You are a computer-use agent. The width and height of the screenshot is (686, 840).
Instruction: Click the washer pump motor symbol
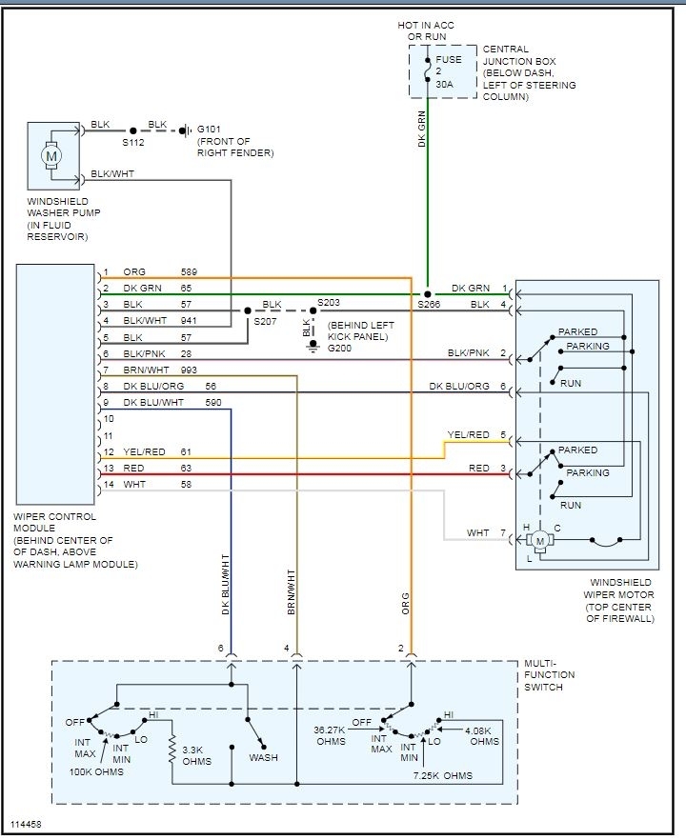click(51, 156)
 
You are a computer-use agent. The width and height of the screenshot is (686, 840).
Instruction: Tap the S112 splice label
click(133, 143)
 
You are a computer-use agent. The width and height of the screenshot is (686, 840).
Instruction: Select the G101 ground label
click(209, 130)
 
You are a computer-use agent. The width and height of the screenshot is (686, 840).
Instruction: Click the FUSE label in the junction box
click(449, 59)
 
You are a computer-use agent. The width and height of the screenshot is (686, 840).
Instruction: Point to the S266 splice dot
click(427, 294)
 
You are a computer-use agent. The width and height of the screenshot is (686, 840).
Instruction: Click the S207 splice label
click(265, 322)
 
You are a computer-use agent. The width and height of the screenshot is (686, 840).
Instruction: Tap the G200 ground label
click(339, 349)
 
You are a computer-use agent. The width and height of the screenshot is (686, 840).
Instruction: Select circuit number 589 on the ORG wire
click(189, 272)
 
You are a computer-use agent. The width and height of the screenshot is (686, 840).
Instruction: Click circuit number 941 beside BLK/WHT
click(189, 321)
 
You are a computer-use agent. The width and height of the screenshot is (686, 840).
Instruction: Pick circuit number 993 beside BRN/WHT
click(189, 370)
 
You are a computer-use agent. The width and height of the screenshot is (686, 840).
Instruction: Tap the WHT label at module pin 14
click(134, 484)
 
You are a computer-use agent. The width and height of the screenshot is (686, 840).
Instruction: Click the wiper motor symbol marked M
click(540, 541)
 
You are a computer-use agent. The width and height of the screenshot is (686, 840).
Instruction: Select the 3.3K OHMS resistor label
click(196, 755)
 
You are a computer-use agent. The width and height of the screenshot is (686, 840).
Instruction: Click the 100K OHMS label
click(96, 772)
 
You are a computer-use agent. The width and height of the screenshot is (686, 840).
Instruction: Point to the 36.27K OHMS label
click(330, 735)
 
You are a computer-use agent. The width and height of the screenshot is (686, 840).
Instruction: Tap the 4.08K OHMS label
click(482, 735)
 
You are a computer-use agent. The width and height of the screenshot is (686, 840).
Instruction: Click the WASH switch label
click(263, 757)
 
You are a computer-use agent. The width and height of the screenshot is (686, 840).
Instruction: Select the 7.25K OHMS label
click(443, 775)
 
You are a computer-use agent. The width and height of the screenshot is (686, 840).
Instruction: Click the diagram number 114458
click(26, 825)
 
